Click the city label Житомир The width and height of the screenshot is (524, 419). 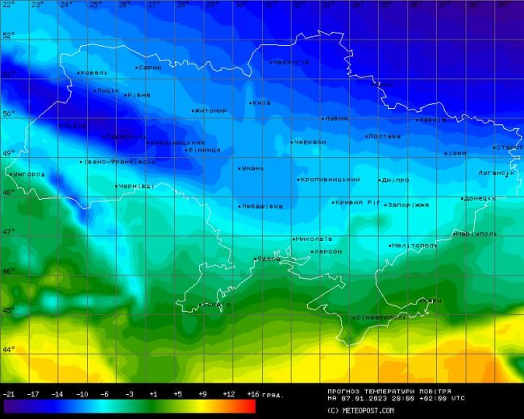[211, 110]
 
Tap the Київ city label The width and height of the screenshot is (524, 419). [261, 102]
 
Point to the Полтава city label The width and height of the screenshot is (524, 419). [384, 136]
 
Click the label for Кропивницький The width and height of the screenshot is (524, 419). [330, 180]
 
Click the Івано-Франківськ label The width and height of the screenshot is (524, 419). [120, 162]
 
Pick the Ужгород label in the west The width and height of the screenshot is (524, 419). [28, 174]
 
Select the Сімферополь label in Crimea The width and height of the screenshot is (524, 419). [381, 317]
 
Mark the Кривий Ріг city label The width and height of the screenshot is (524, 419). [356, 202]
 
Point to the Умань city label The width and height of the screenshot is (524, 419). [252, 168]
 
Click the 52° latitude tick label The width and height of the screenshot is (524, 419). [8, 35]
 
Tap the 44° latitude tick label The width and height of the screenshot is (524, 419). [8, 350]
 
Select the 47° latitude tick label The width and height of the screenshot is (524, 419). [8, 232]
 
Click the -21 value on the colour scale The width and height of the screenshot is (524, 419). [9, 394]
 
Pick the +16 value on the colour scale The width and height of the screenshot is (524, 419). [252, 394]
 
